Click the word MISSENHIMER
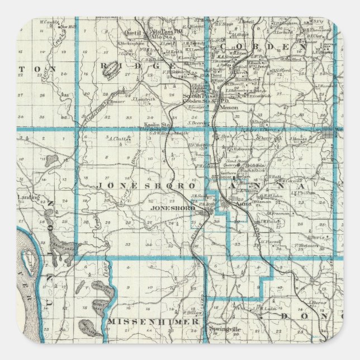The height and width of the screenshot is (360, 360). [153, 322]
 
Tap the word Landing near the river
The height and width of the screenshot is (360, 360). [26, 197]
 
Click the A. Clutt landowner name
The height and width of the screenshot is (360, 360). [117, 139]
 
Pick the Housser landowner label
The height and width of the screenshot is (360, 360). [116, 102]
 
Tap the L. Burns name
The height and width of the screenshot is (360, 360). [318, 302]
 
